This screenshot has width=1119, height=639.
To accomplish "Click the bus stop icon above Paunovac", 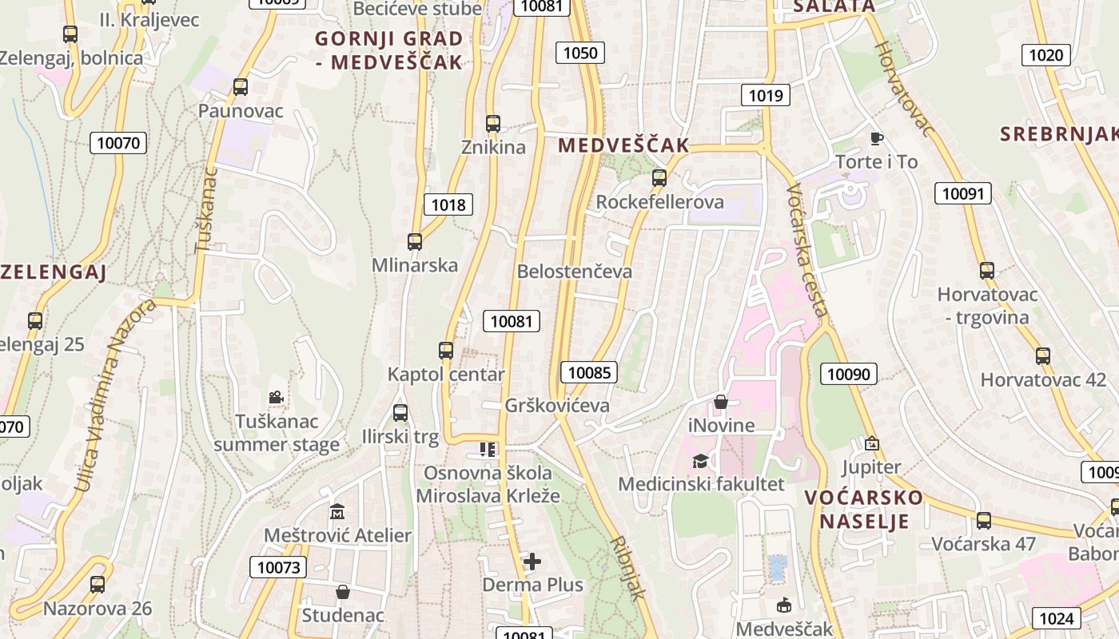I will click(241, 87).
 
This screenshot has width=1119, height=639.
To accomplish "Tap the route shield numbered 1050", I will click(580, 53).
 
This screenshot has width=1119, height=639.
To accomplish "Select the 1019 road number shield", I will click(765, 96).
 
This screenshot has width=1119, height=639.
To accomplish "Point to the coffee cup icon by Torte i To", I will click(876, 138).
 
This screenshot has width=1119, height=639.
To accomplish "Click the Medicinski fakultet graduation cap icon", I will click(700, 461).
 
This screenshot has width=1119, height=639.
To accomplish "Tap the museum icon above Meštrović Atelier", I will click(337, 511).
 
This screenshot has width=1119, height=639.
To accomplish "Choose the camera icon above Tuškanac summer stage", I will click(276, 397).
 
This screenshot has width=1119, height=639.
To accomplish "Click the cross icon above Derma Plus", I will click(532, 562).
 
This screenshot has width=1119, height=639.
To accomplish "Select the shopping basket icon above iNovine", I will click(721, 402).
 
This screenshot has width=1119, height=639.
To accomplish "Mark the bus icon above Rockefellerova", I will click(659, 178).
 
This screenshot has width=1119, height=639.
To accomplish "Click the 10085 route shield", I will click(589, 372).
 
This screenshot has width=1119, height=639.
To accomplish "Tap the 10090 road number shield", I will click(851, 374).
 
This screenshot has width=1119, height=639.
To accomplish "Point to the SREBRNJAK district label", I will click(1058, 133).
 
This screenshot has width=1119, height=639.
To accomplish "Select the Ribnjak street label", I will click(627, 567).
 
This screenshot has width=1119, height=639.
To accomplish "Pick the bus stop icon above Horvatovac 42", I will click(1043, 356).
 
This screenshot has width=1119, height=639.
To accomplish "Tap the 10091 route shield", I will click(965, 193).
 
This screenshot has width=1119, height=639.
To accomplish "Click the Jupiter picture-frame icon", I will click(871, 443).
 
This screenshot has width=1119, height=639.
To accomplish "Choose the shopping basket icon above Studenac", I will click(343, 592).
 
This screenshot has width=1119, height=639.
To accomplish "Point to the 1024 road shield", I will click(1057, 617).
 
